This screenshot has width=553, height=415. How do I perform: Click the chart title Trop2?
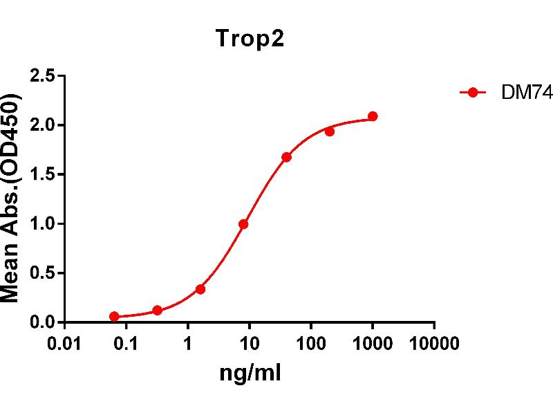pyautogui.click(x=250, y=39)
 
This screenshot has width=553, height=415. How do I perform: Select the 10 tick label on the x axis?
pyautogui.click(x=250, y=344)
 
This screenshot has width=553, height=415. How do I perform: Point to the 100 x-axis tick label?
pyautogui.click(x=311, y=344)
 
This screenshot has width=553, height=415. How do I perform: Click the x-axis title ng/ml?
pyautogui.click(x=250, y=374)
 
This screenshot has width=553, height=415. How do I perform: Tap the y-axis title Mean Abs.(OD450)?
pyautogui.click(x=12, y=199)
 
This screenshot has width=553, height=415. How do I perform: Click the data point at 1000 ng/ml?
pyautogui.click(x=373, y=116)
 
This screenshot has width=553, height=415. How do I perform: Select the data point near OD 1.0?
pyautogui.click(x=243, y=224)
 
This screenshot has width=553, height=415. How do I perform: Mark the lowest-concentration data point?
pyautogui.click(x=114, y=316)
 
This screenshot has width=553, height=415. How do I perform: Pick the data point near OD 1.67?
pyautogui.click(x=286, y=157)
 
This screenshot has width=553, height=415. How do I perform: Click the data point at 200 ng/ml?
pyautogui.click(x=330, y=131)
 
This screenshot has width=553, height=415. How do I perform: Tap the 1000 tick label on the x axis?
pyautogui.click(x=373, y=344)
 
